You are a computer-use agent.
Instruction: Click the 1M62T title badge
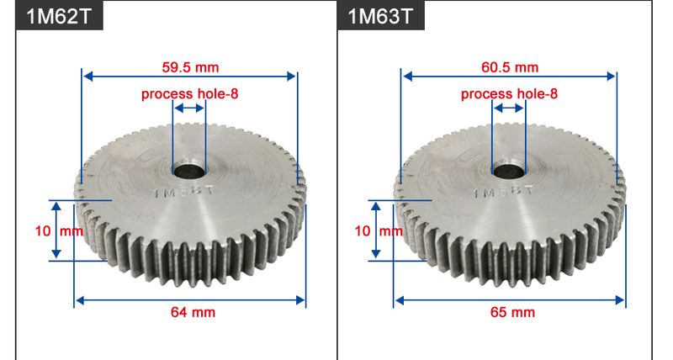tap(58, 16)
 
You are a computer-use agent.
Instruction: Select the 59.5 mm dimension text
tap(190, 66)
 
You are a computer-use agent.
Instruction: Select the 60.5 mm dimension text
tap(510, 66)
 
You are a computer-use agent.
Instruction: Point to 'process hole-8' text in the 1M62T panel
tap(190, 93)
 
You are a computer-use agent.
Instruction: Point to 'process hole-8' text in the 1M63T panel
tap(510, 93)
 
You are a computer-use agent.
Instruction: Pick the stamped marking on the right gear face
tap(504, 193)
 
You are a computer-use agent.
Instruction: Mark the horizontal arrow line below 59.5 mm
tap(189, 77)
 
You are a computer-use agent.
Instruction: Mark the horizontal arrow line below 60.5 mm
tap(510, 77)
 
